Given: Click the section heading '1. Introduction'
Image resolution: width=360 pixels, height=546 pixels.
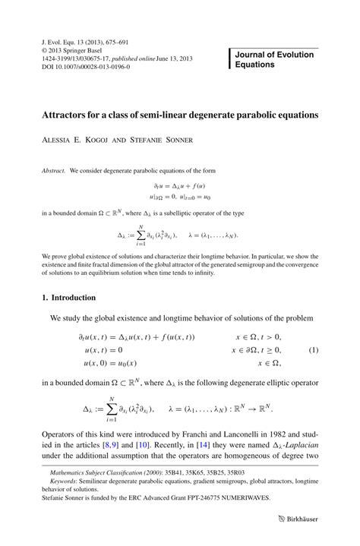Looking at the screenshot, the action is coord(69,298).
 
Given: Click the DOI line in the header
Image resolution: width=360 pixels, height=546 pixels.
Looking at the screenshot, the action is coord(85,67).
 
